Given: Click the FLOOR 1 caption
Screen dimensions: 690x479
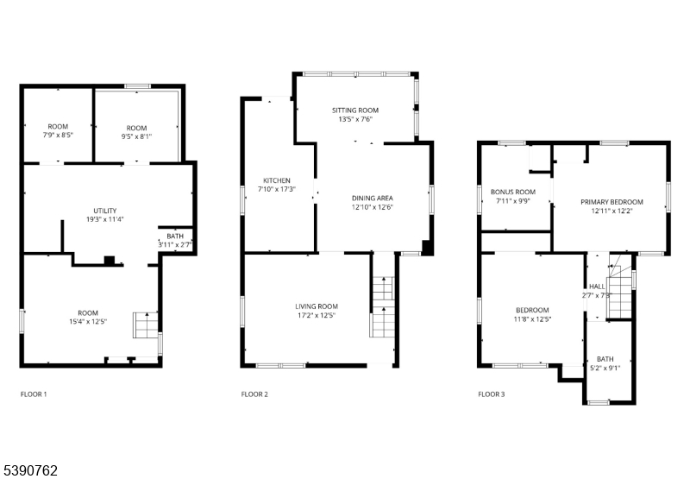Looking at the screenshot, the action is coord(34,394).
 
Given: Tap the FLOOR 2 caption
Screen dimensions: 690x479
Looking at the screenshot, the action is coord(254,394).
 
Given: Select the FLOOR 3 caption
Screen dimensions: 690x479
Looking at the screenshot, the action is coord(492,394).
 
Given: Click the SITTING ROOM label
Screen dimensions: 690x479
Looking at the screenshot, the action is coord(355,110).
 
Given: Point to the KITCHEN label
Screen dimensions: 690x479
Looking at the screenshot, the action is coord(277,180).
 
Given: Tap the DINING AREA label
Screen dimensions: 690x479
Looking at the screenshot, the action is coord(373,199).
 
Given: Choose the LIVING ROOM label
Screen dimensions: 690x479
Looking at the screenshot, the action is coord(317,306).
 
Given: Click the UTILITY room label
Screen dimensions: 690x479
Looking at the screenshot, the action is coord(105,211).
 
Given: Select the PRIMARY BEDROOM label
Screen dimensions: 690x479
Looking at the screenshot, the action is coord(612,202).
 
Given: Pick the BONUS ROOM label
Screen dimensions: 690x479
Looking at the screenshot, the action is coord(513,192).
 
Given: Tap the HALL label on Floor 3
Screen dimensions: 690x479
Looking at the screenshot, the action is coord(597,287).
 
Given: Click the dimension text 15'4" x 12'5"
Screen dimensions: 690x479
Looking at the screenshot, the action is coord(88,321).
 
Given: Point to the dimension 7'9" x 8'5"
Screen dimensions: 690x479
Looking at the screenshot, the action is coord(58,136).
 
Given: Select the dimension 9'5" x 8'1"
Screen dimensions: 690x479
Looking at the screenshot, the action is coord(136,136).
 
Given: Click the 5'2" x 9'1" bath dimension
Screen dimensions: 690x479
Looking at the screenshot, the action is coord(605,368).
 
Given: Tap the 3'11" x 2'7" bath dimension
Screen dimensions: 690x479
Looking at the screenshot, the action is coord(175,245).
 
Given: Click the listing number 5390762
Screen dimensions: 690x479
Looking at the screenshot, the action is coord(30,470).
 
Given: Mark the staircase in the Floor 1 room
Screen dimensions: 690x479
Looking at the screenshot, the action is coord(146,325).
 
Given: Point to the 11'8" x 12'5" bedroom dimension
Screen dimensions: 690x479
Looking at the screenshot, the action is coord(532,318).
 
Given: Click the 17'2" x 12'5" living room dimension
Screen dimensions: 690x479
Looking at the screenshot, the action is coord(317,315).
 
